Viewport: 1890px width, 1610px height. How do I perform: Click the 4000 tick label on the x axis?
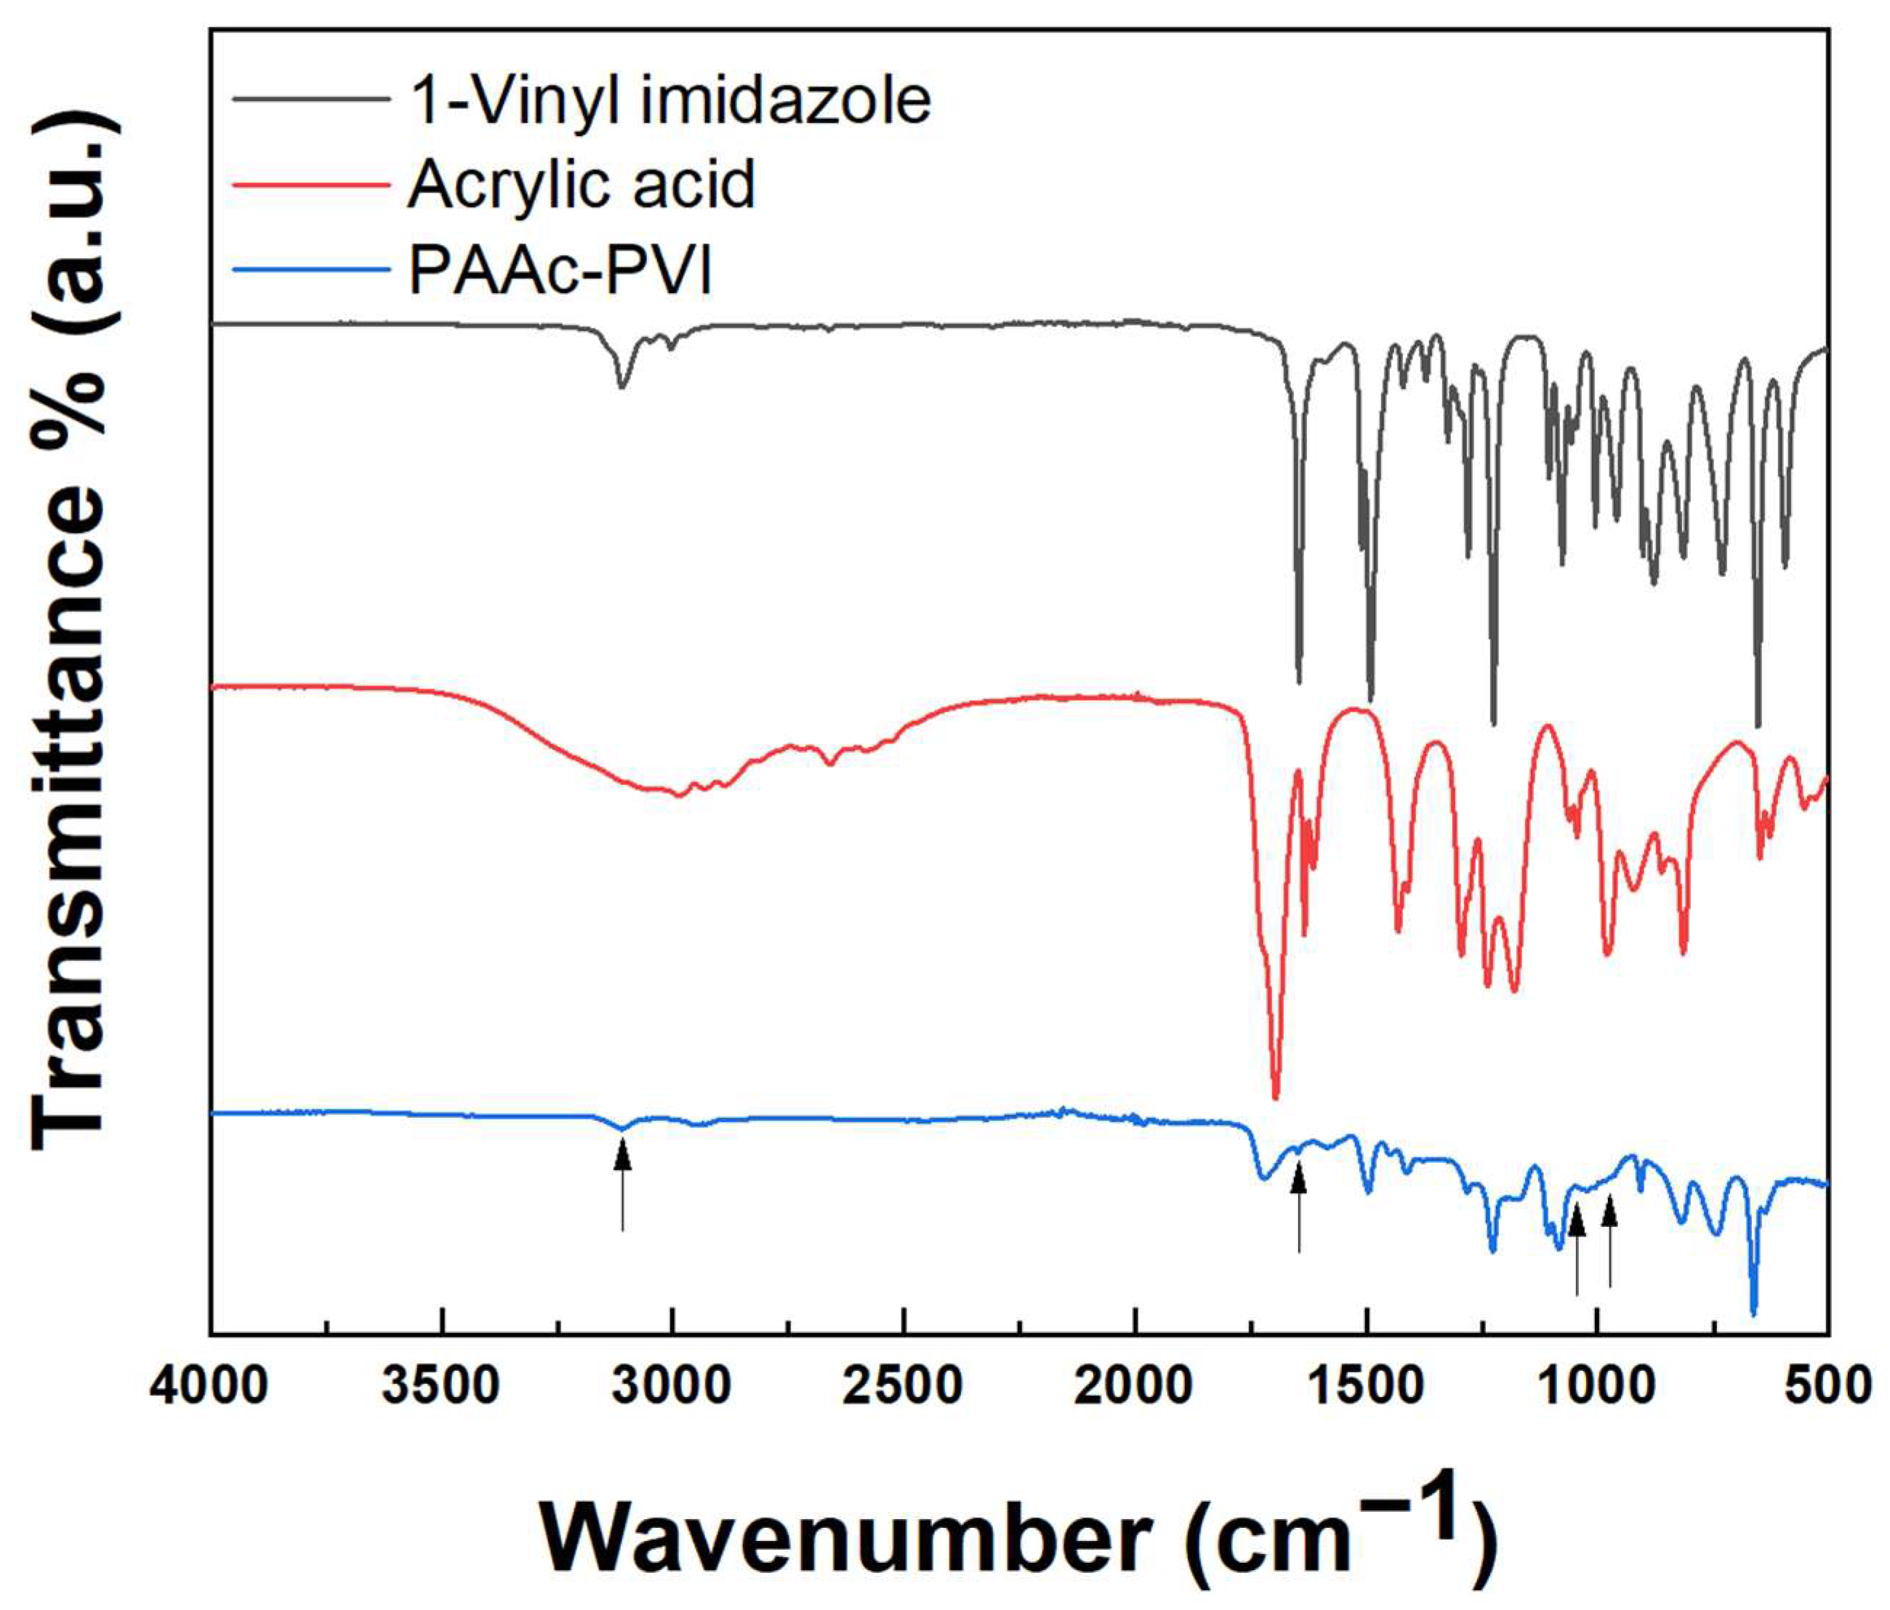coord(210,1387)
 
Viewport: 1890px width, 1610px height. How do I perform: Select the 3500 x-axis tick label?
coord(441,1387)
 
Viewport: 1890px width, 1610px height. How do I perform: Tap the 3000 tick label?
coord(673,1387)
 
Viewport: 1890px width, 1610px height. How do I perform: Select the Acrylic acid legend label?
coord(582,185)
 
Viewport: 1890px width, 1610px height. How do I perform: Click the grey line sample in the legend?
coord(311,99)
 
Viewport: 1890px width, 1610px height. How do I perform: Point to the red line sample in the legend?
coord(311,183)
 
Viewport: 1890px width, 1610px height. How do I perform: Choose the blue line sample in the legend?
coord(311,269)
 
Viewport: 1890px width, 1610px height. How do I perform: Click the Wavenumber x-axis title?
coord(1019,1535)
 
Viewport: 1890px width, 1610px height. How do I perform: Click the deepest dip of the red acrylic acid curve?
coord(1275,1098)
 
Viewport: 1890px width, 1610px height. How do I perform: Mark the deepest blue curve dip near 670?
coord(1753,1313)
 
